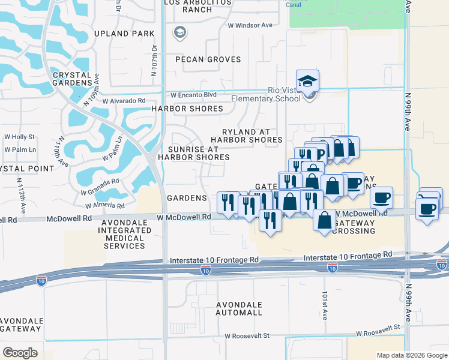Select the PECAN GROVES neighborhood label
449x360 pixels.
tap(208, 59)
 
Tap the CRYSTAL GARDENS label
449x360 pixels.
tap(72, 79)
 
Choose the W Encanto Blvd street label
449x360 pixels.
tap(193, 95)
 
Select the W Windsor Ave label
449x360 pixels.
tap(250, 25)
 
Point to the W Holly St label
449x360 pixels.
tap(19, 137)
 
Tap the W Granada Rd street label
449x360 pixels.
tap(100, 184)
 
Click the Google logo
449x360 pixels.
tap(20, 353)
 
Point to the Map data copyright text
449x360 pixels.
tap(411, 355)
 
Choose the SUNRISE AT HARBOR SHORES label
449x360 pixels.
tap(194, 153)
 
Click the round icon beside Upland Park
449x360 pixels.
tap(179, 32)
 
